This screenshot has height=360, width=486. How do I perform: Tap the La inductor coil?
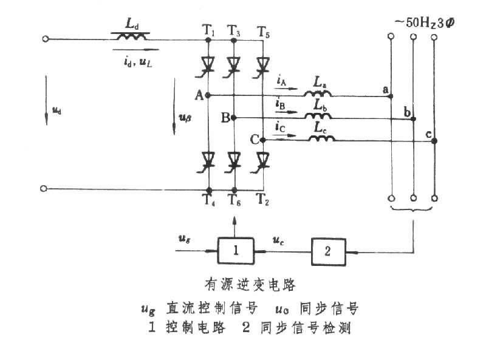tap(318, 93)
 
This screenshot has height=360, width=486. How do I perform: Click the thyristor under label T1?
tap(208, 64)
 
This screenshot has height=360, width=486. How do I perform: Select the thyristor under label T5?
tap(262, 64)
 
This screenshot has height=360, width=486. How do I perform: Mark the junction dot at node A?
tap(208, 95)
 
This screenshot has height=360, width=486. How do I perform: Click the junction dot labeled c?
tap(435, 141)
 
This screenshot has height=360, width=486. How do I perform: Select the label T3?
tap(234, 30)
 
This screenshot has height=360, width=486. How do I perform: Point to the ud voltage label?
tap(56, 110)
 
